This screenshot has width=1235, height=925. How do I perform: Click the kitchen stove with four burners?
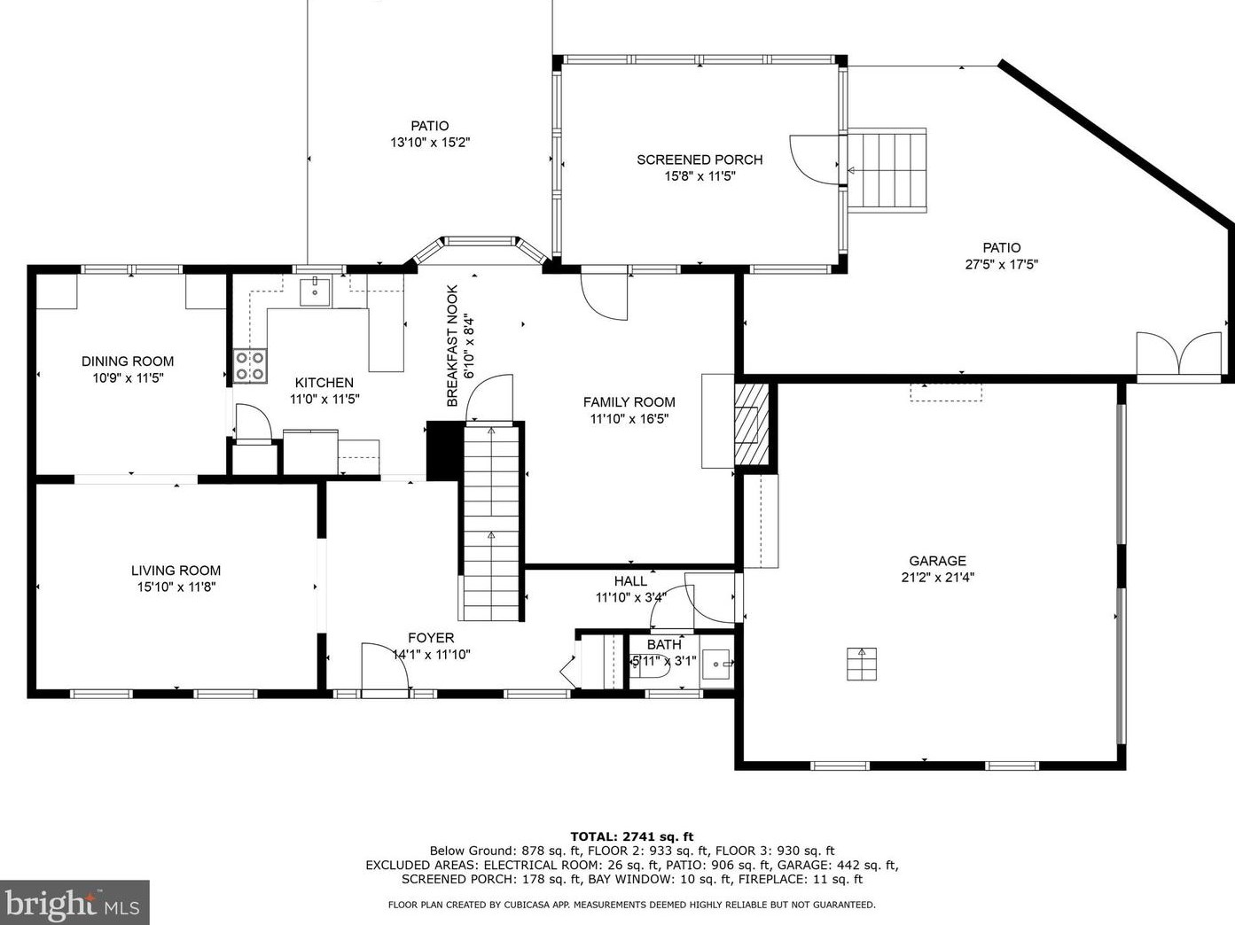[x=250, y=366]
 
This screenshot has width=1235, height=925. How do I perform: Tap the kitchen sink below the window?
[x=315, y=291]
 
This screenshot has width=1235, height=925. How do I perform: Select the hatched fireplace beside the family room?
[x=752, y=424]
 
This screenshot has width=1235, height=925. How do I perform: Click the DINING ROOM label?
[x=128, y=361]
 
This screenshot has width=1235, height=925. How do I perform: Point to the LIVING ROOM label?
[x=176, y=571]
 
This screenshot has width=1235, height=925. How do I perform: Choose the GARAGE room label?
[x=937, y=561]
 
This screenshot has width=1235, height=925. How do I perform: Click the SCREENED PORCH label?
[x=700, y=159]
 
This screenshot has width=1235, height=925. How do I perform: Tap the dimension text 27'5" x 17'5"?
[x=1002, y=264]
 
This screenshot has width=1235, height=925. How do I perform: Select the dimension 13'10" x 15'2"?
[x=430, y=143]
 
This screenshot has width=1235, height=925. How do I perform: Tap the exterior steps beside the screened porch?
[x=887, y=170]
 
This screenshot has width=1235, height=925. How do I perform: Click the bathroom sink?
[x=716, y=664]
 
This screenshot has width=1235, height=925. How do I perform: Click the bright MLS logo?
[x=74, y=903]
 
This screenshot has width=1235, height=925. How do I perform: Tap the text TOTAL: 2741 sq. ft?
[x=632, y=836]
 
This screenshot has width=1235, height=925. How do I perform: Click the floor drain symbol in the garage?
[x=862, y=665]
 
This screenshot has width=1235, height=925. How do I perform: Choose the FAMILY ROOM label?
[x=629, y=402]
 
